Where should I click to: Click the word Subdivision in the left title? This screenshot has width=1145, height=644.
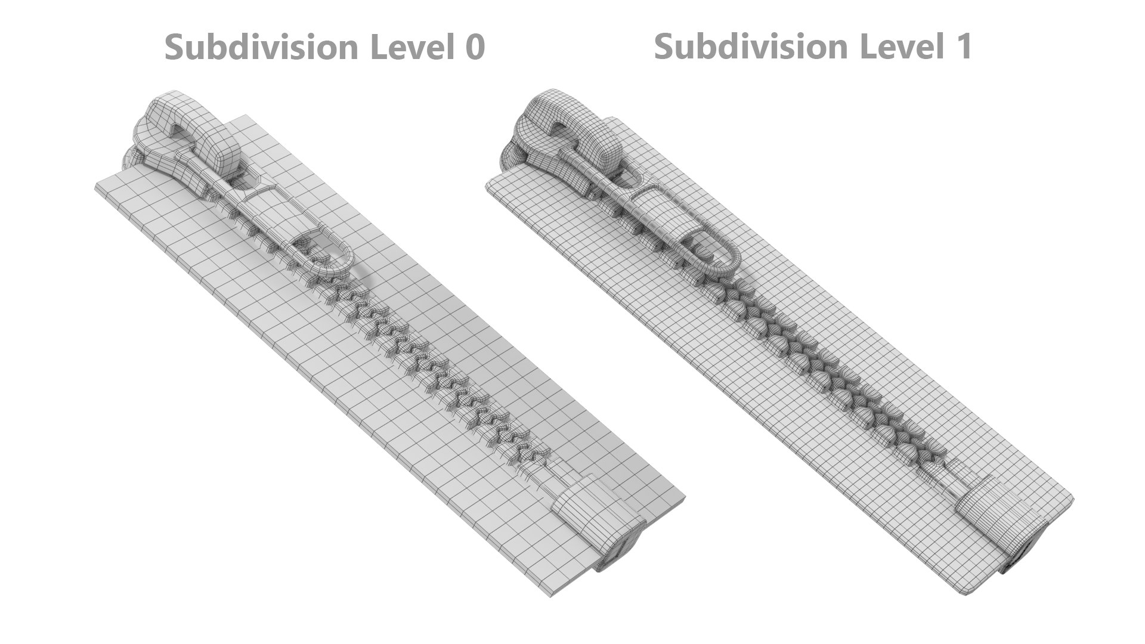pyautogui.click(x=262, y=47)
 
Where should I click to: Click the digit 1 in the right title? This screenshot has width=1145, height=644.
pyautogui.click(x=962, y=46)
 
